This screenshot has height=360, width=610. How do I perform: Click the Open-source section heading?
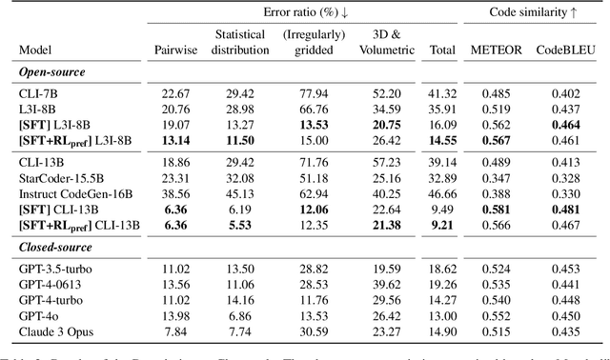[51, 71]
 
